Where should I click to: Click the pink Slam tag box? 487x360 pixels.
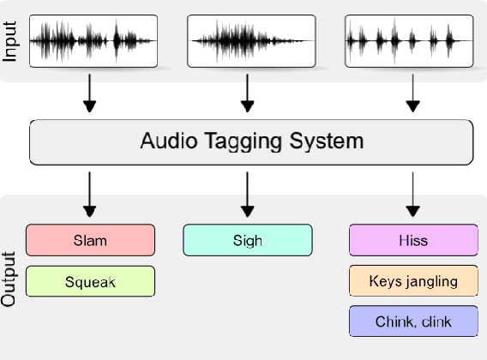90,240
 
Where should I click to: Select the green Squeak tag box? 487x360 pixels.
90,281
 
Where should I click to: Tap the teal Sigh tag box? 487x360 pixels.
247,240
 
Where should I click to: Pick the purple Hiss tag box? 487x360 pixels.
413,240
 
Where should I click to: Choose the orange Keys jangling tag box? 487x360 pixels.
413,281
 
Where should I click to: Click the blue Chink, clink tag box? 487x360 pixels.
413,321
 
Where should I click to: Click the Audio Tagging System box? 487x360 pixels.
251,141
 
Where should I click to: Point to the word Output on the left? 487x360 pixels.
10,279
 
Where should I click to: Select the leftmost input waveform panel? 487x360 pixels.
93,40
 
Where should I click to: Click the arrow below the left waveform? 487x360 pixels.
90,94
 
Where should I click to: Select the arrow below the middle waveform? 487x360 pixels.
248,94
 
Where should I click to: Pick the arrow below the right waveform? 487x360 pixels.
413,94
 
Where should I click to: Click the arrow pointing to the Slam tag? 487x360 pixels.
90,195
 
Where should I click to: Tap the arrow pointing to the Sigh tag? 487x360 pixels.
248,195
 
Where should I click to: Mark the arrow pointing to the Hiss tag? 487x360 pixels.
413,195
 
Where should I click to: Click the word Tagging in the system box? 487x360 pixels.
241,142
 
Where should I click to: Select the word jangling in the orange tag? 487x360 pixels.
430,281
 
